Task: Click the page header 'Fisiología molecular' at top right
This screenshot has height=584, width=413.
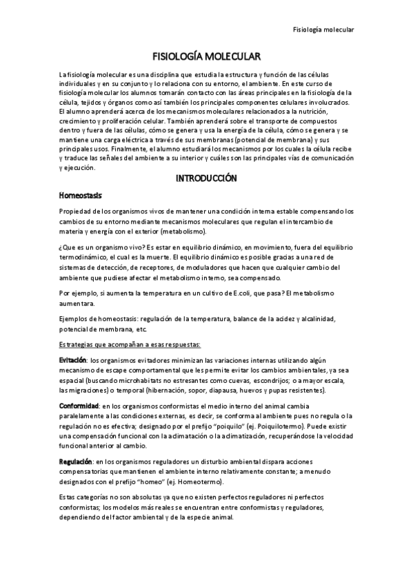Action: coord(323,30)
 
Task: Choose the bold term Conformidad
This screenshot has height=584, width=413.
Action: coord(79,406)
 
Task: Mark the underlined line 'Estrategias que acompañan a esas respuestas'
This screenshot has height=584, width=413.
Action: coord(130,344)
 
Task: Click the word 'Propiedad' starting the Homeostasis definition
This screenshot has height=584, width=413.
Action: coord(77,212)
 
